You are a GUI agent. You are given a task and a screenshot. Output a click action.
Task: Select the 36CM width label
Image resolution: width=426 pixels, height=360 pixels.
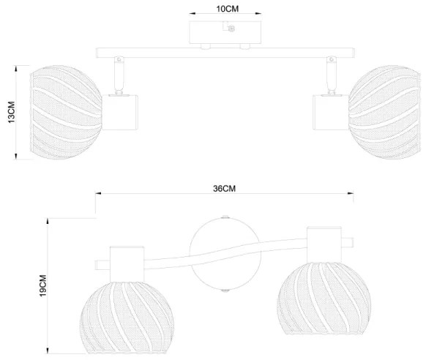point(223,187)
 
